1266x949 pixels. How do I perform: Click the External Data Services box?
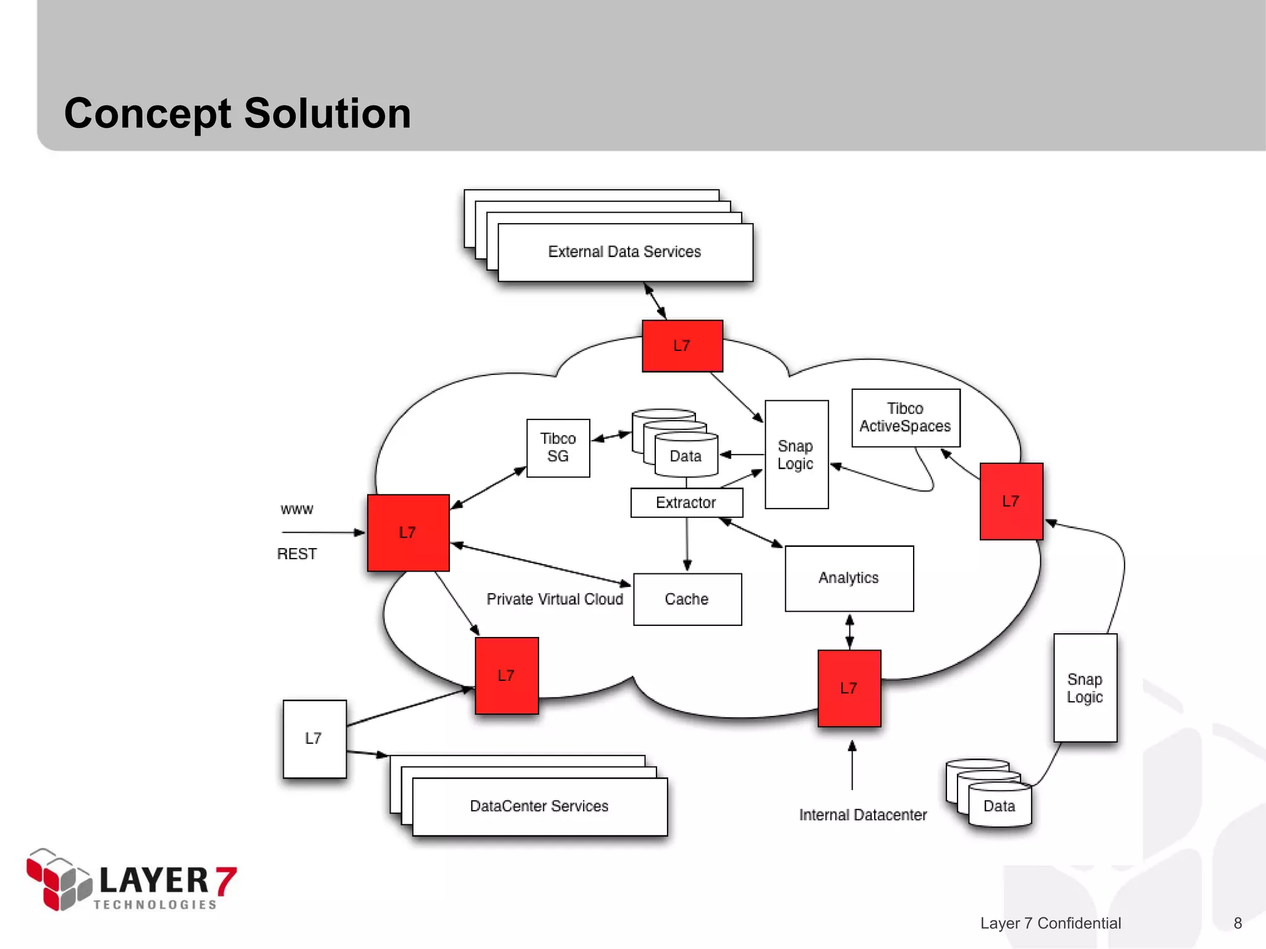pyautogui.click(x=624, y=252)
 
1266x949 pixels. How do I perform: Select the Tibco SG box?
pyautogui.click(x=558, y=448)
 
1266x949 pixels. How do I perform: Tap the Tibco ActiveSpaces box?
pyautogui.click(x=906, y=418)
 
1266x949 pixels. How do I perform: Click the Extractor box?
pyautogui.click(x=686, y=503)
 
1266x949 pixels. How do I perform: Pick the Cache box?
pyautogui.click(x=687, y=599)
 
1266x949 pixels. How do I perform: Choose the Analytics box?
pyautogui.click(x=849, y=578)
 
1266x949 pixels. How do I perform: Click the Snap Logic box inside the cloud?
pyautogui.click(x=796, y=455)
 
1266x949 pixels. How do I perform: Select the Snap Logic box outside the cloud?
pyautogui.click(x=1085, y=688)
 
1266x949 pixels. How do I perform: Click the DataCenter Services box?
pyautogui.click(x=539, y=806)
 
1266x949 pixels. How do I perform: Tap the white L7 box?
pyautogui.click(x=314, y=739)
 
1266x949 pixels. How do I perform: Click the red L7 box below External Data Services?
pyautogui.click(x=682, y=346)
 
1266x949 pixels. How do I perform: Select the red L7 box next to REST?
pyautogui.click(x=408, y=533)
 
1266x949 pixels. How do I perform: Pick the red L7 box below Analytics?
pyautogui.click(x=849, y=688)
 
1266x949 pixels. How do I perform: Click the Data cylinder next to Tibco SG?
pyautogui.click(x=686, y=456)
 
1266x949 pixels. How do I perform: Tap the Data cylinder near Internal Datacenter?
pyautogui.click(x=999, y=806)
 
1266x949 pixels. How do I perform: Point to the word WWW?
pyautogui.click(x=297, y=510)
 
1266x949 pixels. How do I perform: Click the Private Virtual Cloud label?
pyautogui.click(x=554, y=599)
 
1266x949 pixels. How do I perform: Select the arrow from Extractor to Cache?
pyautogui.click(x=687, y=544)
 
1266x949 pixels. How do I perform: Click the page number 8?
pyautogui.click(x=1238, y=923)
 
